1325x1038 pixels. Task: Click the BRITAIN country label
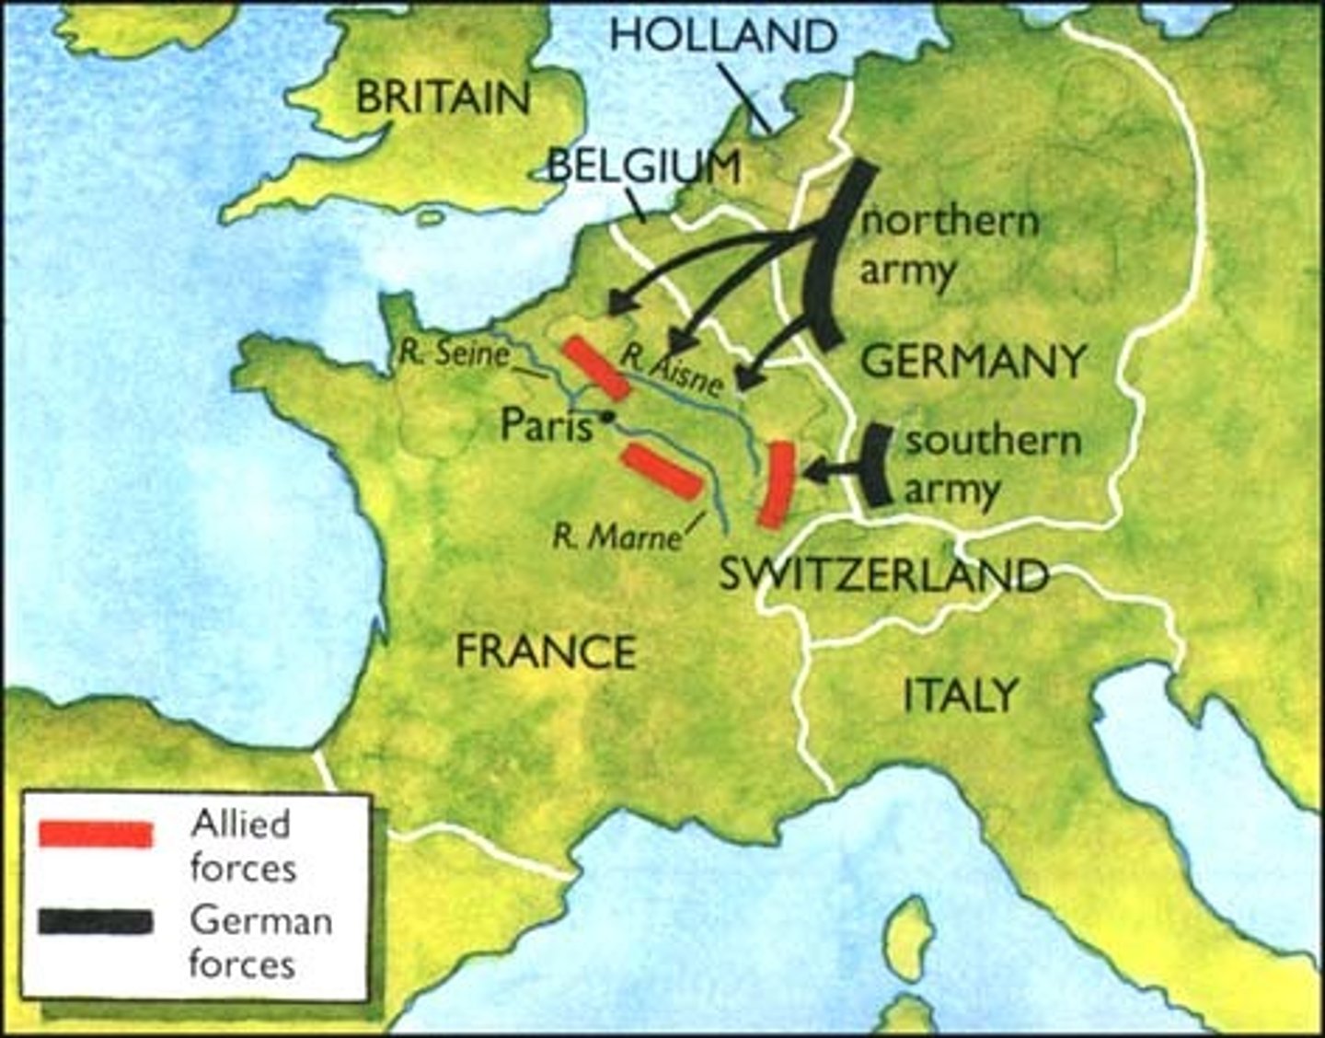click(443, 98)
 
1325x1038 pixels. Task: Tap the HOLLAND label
click(723, 36)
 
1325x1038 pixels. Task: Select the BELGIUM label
click(644, 167)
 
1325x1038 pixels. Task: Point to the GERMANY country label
click(973, 361)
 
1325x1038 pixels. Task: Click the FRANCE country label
click(547, 652)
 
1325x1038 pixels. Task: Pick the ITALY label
click(961, 695)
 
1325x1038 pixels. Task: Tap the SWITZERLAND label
click(883, 576)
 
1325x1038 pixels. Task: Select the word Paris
click(547, 426)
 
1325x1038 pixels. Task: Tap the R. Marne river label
click(616, 536)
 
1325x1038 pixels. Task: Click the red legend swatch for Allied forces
click(95, 834)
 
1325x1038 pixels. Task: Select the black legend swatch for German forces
click(95, 923)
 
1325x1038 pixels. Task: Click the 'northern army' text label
click(948, 246)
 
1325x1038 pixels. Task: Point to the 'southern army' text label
click(992, 465)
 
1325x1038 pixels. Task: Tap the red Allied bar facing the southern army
click(778, 484)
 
